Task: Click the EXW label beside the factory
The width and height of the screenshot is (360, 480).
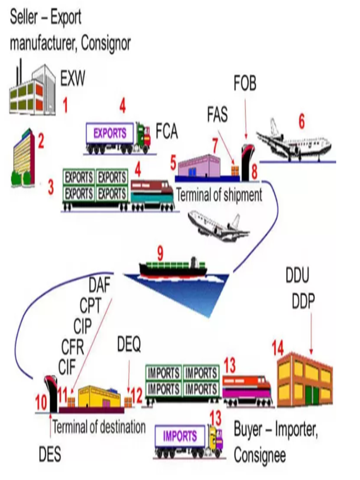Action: (73, 78)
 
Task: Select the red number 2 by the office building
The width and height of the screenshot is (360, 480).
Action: (41, 141)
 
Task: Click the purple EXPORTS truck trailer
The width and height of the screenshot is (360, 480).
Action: (110, 133)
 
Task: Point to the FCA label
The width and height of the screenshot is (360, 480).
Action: (166, 132)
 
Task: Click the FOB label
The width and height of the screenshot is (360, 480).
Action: (245, 84)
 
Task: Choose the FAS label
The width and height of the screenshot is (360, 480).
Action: (217, 114)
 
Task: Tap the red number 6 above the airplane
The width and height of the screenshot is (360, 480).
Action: (301, 122)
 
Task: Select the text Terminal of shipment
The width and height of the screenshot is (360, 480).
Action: (219, 195)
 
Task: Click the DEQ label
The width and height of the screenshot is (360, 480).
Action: (128, 345)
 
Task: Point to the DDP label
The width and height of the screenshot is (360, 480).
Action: (303, 302)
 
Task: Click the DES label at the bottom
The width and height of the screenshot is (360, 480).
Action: (50, 454)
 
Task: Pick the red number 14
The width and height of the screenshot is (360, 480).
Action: (277, 348)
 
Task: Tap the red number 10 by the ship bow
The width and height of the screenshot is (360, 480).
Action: (41, 402)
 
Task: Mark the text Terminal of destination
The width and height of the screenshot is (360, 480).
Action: (99, 427)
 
